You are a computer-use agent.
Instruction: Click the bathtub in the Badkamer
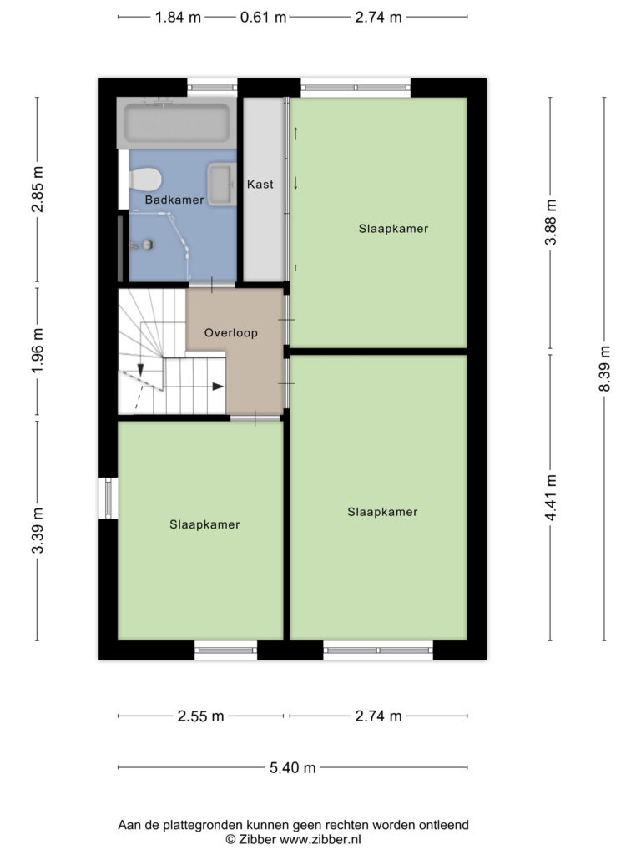(177, 123)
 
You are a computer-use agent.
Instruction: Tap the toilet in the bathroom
(145, 179)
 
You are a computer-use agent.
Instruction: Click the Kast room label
(260, 185)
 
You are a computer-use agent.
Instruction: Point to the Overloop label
(231, 332)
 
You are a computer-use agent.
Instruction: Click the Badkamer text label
(174, 200)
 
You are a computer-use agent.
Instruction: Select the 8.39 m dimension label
(604, 368)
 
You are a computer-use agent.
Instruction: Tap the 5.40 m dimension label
(293, 768)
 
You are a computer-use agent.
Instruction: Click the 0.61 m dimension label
(263, 18)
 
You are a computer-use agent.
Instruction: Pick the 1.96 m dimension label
(37, 351)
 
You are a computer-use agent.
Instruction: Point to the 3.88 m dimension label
(551, 222)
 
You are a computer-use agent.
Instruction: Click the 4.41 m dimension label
(551, 498)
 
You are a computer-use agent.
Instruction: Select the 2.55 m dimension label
(200, 716)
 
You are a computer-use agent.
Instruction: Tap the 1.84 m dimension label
(179, 18)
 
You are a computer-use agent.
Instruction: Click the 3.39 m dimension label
(37, 530)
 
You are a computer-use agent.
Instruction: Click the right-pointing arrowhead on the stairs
(218, 387)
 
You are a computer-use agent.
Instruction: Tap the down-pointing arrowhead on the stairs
(140, 370)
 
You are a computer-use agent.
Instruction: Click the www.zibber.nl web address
(320, 840)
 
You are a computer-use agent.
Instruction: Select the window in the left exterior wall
(108, 498)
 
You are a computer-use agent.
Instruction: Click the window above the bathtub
(213, 87)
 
